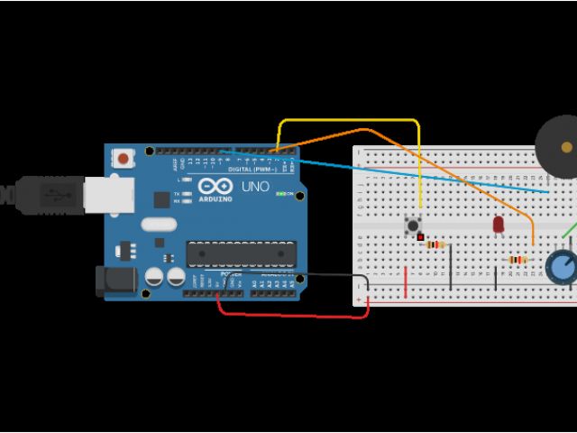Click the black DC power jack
coord(114,281)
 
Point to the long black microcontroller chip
coord(241,254)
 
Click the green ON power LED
coord(280,193)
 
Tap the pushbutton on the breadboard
coord(414,224)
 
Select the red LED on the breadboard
coord(499,223)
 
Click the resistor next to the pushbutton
coord(436,244)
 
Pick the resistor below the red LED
coord(517,260)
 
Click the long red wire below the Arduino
coord(288,316)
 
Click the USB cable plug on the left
coord(45,192)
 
